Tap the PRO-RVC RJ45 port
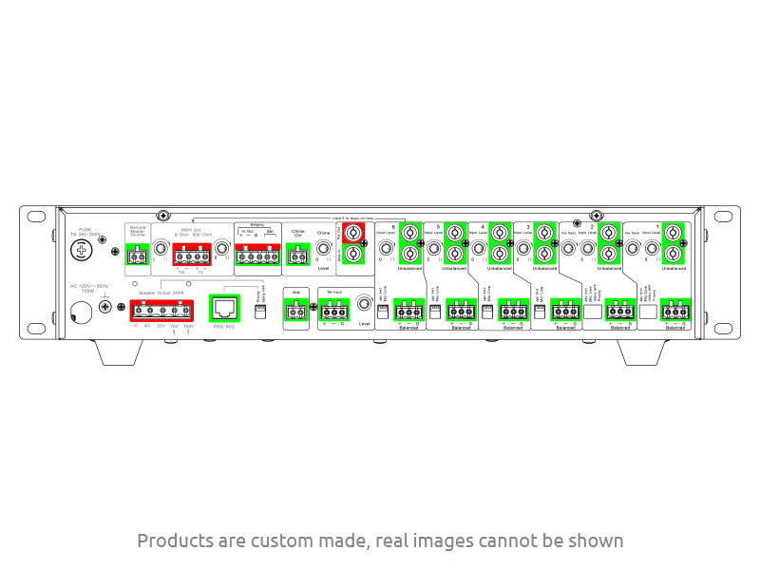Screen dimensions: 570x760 (x=224, y=308)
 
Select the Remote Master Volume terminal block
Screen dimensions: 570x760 (x=139, y=254)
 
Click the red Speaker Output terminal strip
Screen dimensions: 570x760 (x=161, y=309)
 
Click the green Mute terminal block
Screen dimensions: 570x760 (x=295, y=311)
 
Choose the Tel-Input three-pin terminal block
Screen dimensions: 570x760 (x=333, y=311)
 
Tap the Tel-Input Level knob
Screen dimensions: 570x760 (x=364, y=307)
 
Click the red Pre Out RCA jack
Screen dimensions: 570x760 (x=353, y=232)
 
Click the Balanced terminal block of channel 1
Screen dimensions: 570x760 (x=676, y=310)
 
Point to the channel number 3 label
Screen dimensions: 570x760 (x=528, y=228)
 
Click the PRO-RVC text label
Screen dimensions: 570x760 (x=224, y=327)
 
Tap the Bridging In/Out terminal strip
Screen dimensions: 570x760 (x=254, y=254)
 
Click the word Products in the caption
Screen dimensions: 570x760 (x=172, y=541)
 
